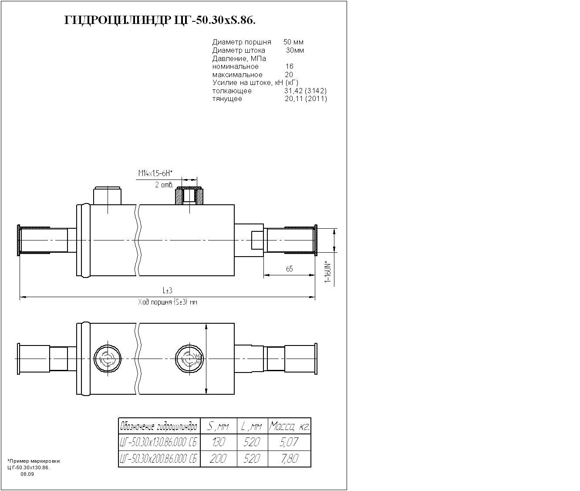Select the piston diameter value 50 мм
click(x=293, y=42)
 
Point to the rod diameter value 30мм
click(x=295, y=51)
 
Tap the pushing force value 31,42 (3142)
click(x=305, y=91)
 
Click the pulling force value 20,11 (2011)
click(x=305, y=99)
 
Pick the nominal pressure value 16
click(x=289, y=67)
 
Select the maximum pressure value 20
click(x=289, y=75)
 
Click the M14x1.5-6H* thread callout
click(x=155, y=173)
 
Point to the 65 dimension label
click(x=290, y=269)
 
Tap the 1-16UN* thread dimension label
click(x=328, y=272)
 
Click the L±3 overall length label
click(x=168, y=291)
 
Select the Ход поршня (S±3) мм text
click(x=168, y=302)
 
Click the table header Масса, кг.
click(x=289, y=426)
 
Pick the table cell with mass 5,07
click(x=289, y=443)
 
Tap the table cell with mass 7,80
click(x=289, y=459)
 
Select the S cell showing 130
click(x=218, y=443)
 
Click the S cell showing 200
click(x=218, y=459)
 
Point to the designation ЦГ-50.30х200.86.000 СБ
click(x=159, y=459)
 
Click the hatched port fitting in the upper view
click(x=189, y=196)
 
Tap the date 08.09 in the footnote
click(x=27, y=474)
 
